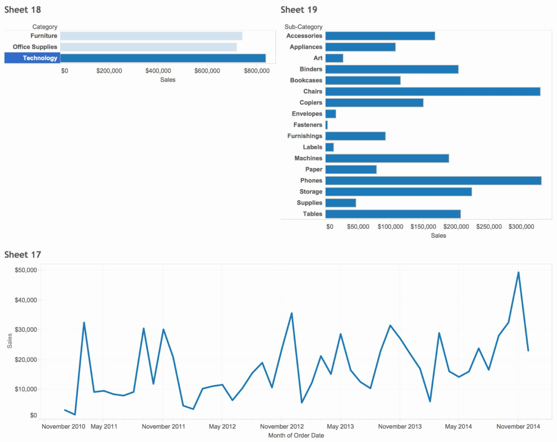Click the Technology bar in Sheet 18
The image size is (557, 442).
[x=163, y=58]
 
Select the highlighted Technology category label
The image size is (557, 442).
[x=40, y=58]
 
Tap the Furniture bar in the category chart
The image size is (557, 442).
[x=151, y=36]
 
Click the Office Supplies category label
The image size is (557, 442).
[x=35, y=47]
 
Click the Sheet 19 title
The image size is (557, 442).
[x=299, y=10]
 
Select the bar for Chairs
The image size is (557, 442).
[x=433, y=92]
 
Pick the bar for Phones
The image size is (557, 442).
[x=433, y=180]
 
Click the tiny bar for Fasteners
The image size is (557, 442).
[x=326, y=125]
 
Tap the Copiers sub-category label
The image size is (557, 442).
[x=310, y=103]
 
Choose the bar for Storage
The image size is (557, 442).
[x=398, y=192]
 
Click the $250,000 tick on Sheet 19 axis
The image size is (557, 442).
[x=489, y=226]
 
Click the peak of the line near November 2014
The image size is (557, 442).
[x=518, y=272]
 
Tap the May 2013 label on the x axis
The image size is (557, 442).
[x=340, y=427]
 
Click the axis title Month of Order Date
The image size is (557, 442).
[x=290, y=435]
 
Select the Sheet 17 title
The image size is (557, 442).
[x=23, y=255]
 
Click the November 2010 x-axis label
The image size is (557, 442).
[x=63, y=427]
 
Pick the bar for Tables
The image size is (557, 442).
[x=393, y=214]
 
